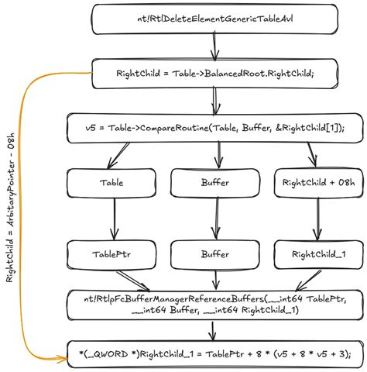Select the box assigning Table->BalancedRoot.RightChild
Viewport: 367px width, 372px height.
click(215, 74)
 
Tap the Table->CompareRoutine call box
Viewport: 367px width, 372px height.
click(215, 127)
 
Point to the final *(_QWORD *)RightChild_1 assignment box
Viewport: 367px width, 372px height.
click(215, 354)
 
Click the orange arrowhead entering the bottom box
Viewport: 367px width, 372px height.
click(62, 360)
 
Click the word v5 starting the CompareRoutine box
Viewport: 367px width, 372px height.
click(91, 127)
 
